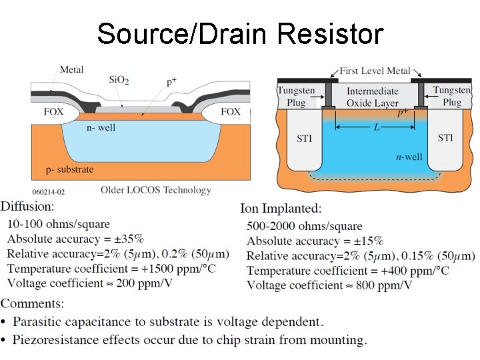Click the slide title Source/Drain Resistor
coord(240,33)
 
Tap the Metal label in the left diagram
coord(72,69)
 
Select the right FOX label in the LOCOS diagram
coord(231,112)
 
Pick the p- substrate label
coord(65,169)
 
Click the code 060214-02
coord(49,191)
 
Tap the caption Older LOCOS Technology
coord(155,190)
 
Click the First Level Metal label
coord(375,71)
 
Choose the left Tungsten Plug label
coord(296,97)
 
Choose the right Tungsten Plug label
coord(451,96)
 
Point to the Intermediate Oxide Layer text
coord(372,97)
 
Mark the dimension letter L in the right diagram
coord(377,127)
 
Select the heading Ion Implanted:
coord(281,209)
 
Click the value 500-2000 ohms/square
coord(304,226)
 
